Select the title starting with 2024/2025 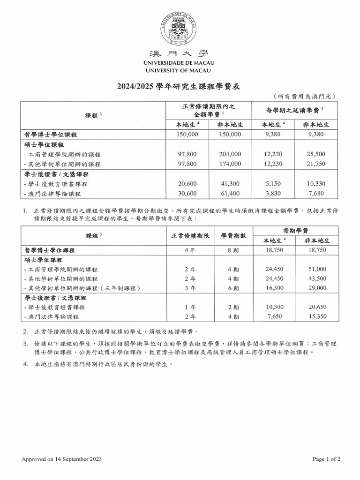[180, 86]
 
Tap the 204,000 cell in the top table [230, 154]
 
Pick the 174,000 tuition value [230, 164]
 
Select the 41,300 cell [230, 185]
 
